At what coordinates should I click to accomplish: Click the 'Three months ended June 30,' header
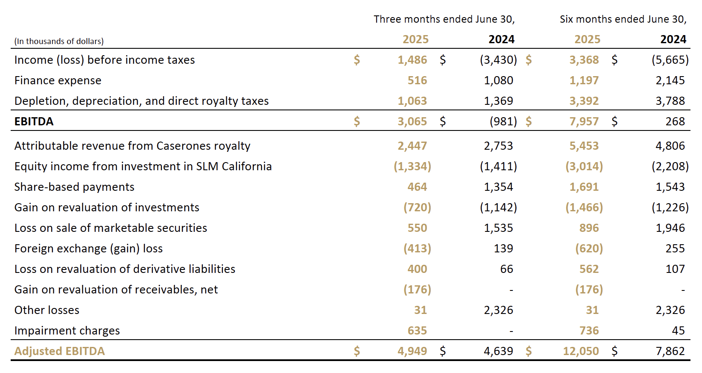(444, 19)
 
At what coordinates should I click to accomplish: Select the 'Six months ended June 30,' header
(623, 19)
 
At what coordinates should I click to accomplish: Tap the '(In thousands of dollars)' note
(59, 41)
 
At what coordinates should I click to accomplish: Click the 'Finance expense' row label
(58, 80)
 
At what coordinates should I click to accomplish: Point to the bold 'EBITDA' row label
(34, 121)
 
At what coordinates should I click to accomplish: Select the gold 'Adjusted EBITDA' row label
(59, 351)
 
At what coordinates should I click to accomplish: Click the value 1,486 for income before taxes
(412, 60)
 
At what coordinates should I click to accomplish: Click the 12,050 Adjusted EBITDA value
(581, 351)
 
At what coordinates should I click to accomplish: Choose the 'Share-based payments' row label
(74, 187)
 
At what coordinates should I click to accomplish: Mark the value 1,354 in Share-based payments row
(498, 187)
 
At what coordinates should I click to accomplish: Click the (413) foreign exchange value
(417, 249)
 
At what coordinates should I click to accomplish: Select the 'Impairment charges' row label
(67, 331)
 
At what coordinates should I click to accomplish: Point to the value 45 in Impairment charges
(678, 331)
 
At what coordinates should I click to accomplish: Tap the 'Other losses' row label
(47, 310)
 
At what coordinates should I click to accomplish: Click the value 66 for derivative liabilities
(506, 269)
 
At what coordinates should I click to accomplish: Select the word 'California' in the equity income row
(246, 166)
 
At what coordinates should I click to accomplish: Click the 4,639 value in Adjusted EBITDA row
(498, 351)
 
